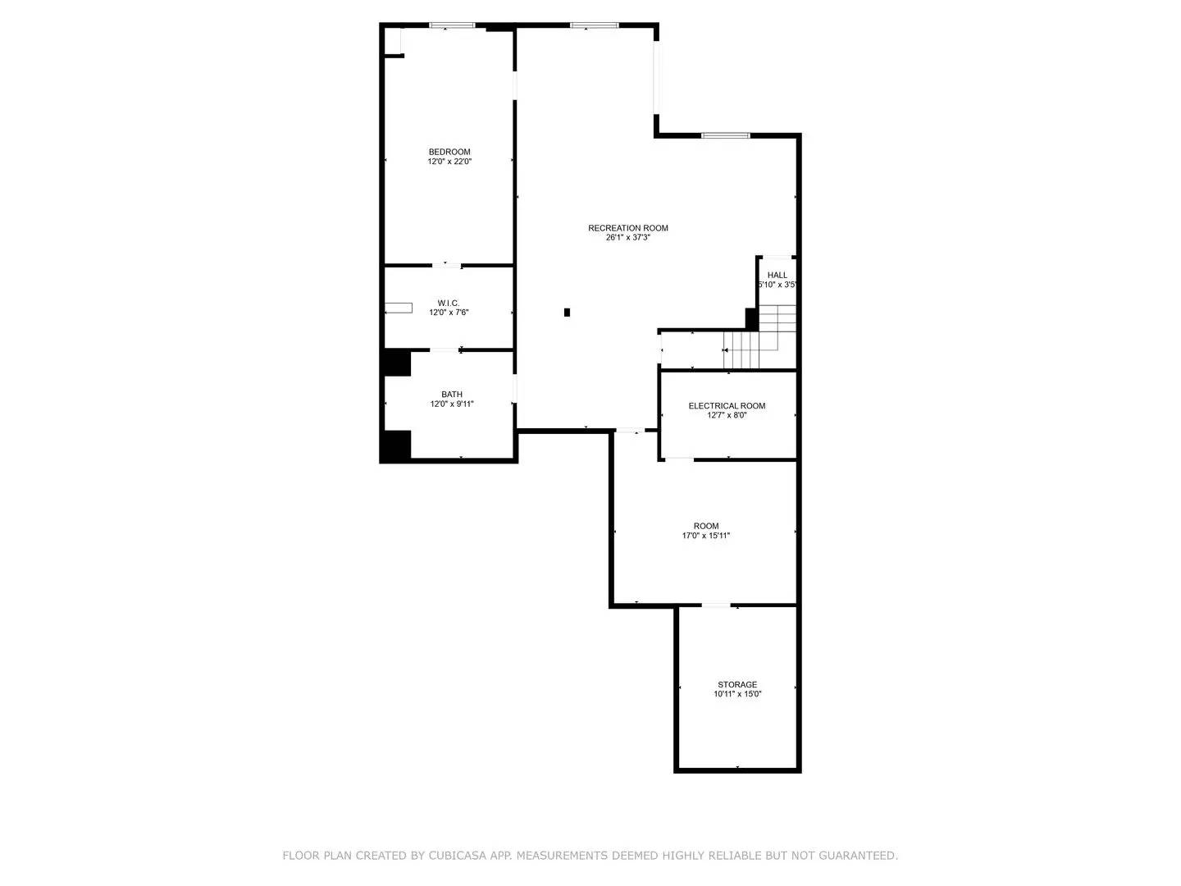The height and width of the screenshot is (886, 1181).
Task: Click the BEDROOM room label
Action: (449, 152)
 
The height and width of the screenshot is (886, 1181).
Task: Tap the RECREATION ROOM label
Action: (627, 228)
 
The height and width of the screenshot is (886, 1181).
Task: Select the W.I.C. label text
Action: (449, 303)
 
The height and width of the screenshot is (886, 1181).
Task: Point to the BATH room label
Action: (452, 395)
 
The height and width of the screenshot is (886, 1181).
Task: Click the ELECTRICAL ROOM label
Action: (727, 406)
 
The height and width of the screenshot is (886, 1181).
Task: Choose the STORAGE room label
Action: (737, 684)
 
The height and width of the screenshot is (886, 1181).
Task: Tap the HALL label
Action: (777, 276)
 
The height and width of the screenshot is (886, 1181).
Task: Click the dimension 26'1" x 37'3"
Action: (627, 238)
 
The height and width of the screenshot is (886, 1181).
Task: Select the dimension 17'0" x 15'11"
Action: (705, 536)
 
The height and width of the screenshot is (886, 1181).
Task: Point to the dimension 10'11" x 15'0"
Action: (737, 694)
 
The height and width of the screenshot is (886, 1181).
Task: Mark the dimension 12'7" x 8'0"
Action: (727, 416)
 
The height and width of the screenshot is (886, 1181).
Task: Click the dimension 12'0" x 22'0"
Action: (449, 162)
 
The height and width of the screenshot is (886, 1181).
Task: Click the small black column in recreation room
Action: (567, 313)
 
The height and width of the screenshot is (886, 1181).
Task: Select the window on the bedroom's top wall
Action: (452, 26)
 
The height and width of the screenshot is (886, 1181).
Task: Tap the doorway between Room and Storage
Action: (715, 606)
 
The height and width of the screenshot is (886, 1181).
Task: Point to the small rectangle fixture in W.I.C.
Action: (399, 308)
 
